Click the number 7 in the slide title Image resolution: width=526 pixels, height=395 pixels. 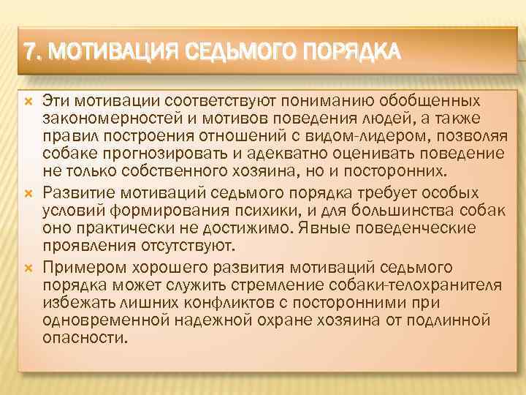[29, 52]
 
